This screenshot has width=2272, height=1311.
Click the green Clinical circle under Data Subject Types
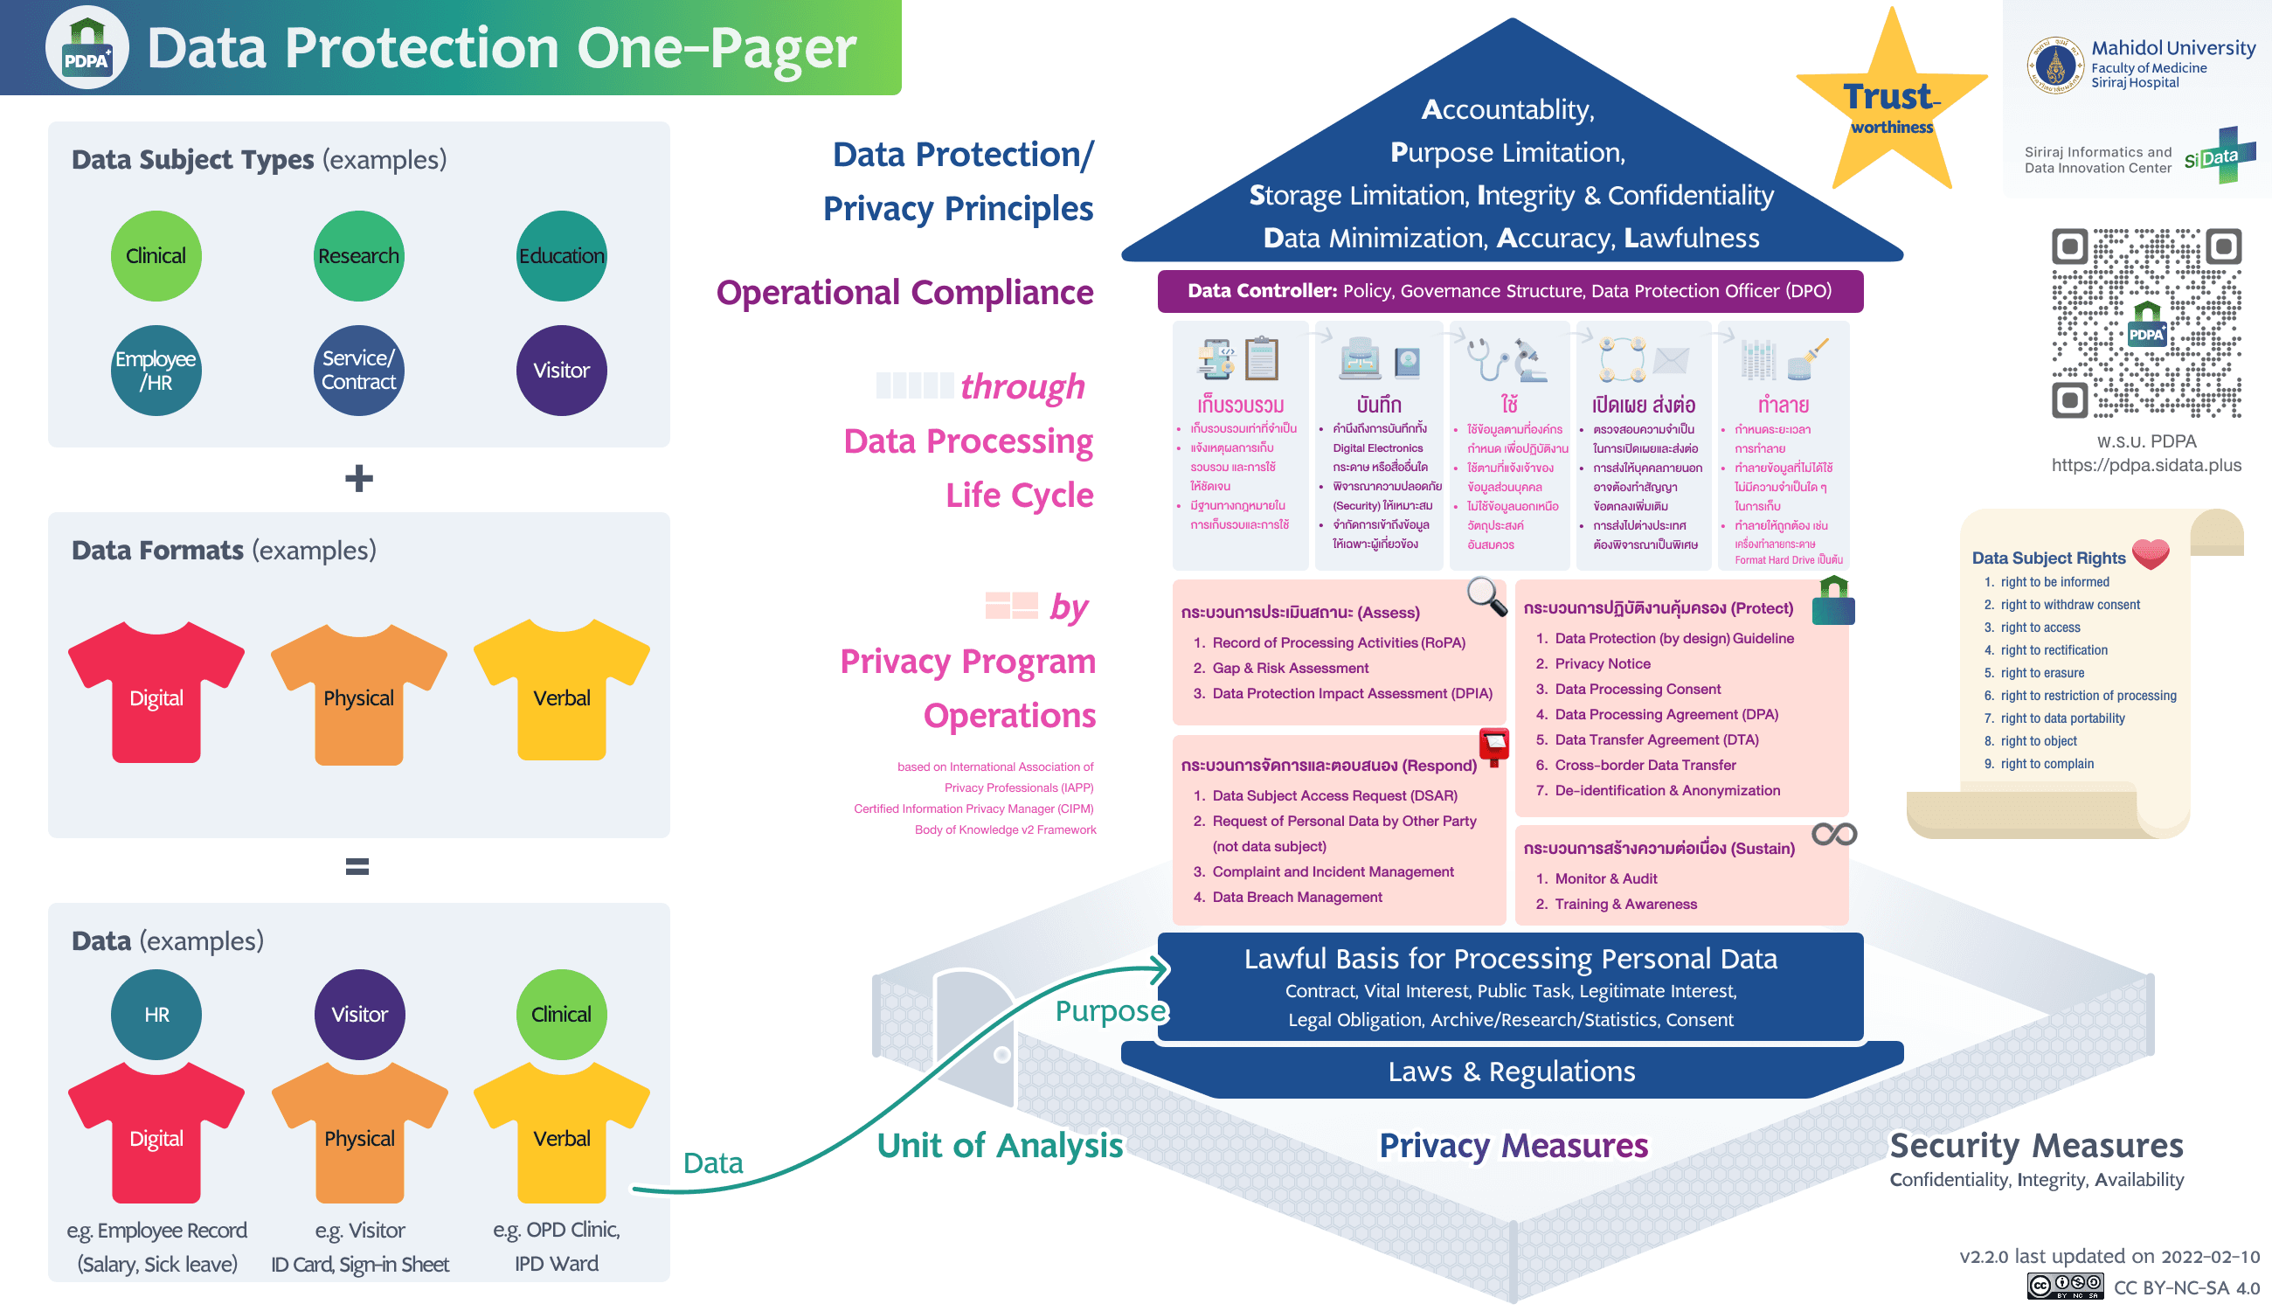[x=156, y=256]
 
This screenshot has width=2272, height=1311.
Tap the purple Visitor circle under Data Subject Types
[x=561, y=370]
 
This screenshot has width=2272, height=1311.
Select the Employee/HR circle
[x=156, y=370]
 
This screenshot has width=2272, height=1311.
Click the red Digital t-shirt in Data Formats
[x=156, y=693]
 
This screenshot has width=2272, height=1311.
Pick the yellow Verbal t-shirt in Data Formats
[x=561, y=693]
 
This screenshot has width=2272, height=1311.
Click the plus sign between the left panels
[x=358, y=478]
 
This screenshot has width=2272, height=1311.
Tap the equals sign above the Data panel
[x=357, y=866]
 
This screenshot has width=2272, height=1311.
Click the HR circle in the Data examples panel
[x=156, y=1014]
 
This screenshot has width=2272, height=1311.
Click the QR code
[x=2146, y=323]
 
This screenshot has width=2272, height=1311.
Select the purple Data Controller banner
[x=1509, y=291]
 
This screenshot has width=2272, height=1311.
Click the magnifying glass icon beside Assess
[x=1486, y=596]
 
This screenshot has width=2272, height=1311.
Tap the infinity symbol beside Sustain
[x=1833, y=835]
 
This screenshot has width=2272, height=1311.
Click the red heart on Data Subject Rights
[x=2150, y=553]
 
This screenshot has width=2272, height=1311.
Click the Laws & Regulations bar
[x=1511, y=1072]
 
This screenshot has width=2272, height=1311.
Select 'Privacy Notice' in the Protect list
[x=1602, y=663]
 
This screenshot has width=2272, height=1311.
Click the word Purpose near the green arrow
[x=1110, y=1011]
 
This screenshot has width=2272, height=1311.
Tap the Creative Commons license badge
[x=2065, y=1286]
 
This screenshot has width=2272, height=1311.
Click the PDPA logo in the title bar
[x=87, y=48]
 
